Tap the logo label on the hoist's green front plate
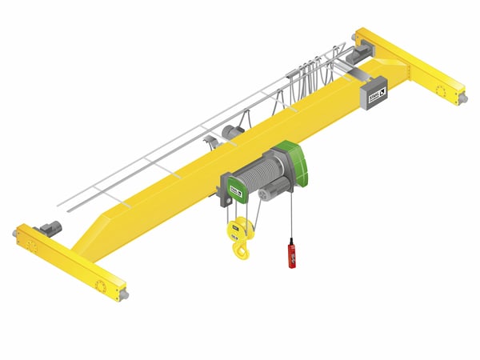click(x=235, y=190)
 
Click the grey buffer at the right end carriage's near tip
click(x=463, y=99)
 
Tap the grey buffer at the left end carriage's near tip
click(x=125, y=294)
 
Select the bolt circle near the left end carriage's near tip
click(x=102, y=286)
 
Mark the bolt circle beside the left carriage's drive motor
click(x=32, y=244)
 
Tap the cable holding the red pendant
click(x=291, y=216)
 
